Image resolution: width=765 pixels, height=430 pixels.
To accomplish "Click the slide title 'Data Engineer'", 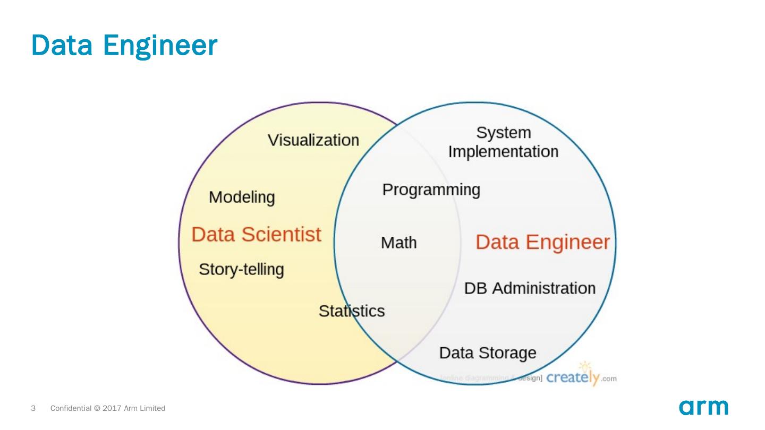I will [124, 46].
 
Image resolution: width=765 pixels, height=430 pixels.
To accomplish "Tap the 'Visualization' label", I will [313, 140].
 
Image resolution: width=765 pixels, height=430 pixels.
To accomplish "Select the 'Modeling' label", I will [242, 197].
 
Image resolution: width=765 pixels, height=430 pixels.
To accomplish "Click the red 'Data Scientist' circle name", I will [256, 234].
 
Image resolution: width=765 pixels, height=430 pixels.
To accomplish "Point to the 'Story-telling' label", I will [241, 270].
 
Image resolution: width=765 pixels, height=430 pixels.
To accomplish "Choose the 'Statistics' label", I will [351, 311].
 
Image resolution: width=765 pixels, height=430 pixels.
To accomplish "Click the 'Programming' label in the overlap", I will [431, 190].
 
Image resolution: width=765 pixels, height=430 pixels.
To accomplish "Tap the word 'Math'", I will [399, 243].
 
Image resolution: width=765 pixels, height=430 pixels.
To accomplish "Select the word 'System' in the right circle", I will [503, 132].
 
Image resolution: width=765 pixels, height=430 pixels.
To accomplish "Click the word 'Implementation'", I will [503, 152].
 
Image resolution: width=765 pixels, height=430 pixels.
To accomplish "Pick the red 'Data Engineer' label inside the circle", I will [542, 242].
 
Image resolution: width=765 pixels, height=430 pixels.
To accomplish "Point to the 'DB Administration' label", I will [530, 288].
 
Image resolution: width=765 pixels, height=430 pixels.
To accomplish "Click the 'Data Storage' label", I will [488, 353].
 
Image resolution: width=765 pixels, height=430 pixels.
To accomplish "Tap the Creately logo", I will [573, 378].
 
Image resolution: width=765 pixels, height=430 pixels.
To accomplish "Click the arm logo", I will [703, 407].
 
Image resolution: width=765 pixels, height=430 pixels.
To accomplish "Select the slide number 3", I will [33, 409].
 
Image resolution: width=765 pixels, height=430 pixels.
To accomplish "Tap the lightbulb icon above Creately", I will [585, 366].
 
